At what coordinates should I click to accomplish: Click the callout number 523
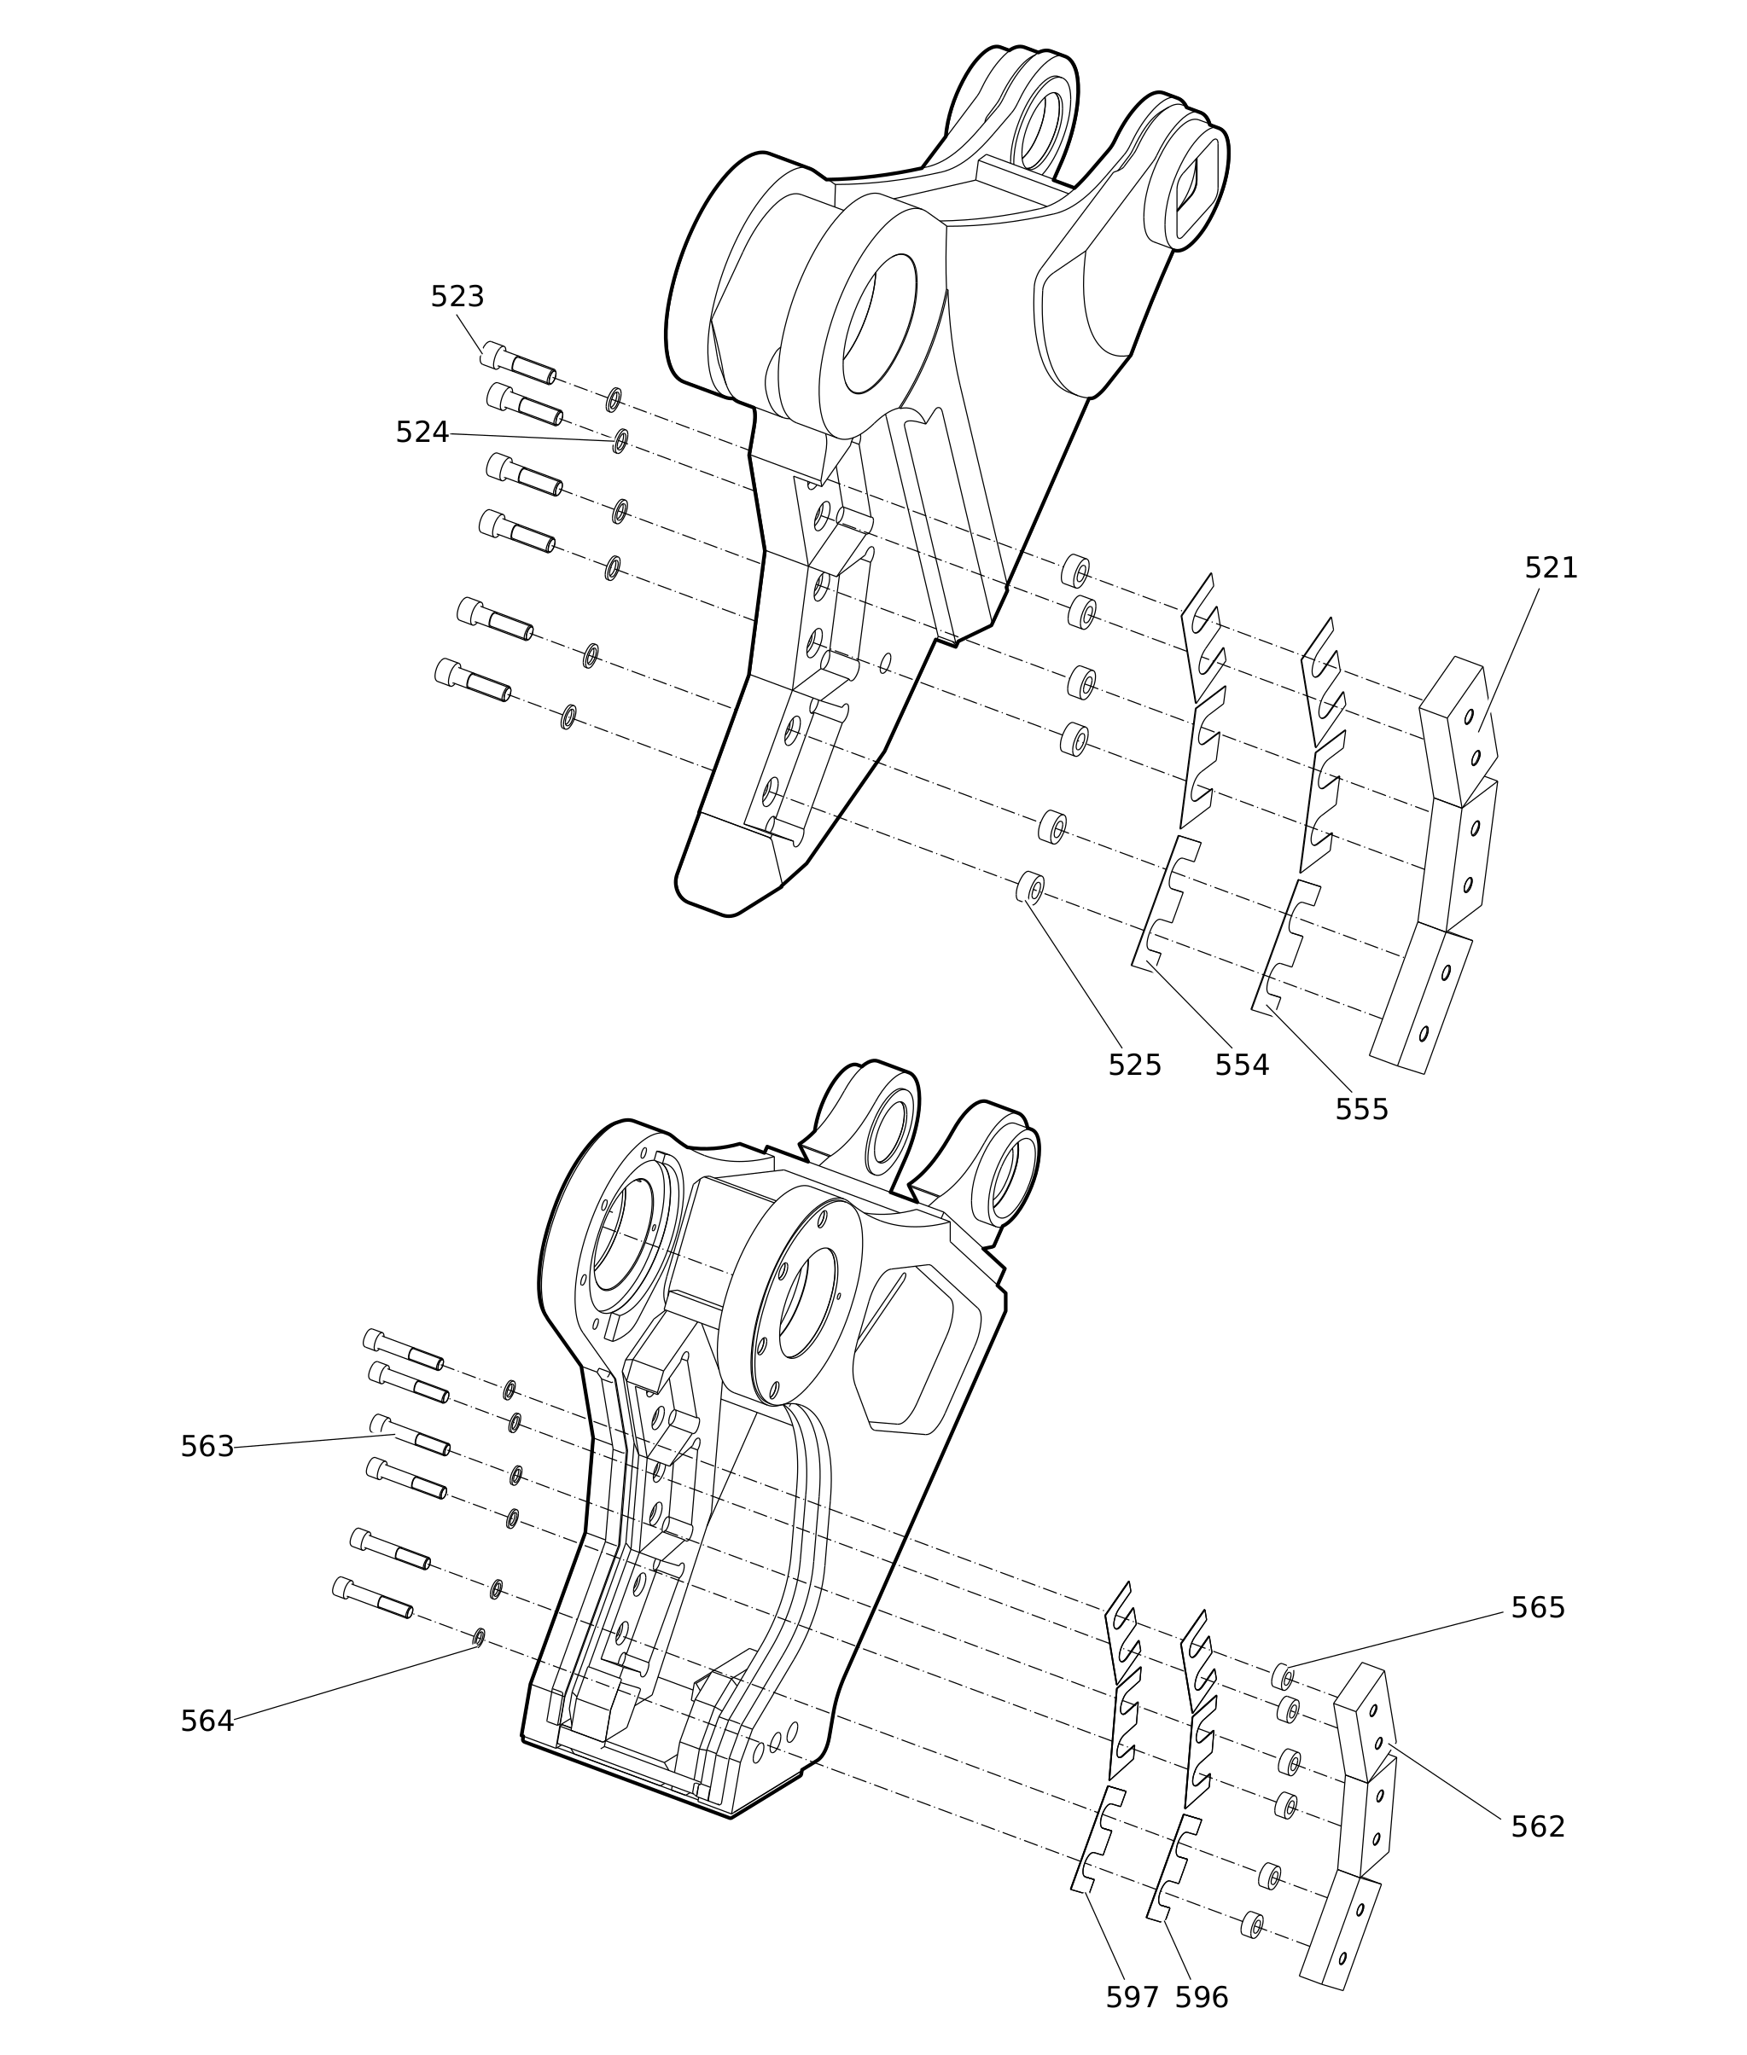coord(457,297)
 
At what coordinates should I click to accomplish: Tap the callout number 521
coord(1550,568)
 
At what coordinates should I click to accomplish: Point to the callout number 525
coord(1134,1065)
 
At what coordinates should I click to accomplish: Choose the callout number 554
coord(1242,1065)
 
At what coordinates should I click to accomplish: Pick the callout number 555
coord(1362,1110)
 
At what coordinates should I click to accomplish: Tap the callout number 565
coord(1537,1607)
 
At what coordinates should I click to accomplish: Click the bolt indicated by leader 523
coord(517,363)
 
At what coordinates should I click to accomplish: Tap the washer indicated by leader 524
coord(620,440)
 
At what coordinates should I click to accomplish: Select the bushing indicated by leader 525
coord(1030,887)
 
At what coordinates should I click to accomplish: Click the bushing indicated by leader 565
coord(1282,1676)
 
